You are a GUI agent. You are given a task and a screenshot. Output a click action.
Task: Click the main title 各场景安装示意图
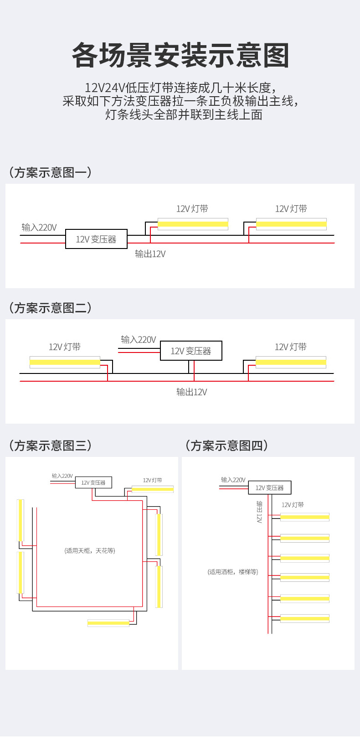180,56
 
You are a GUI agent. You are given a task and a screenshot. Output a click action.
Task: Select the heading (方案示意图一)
50,172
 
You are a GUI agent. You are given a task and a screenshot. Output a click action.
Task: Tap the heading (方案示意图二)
50,308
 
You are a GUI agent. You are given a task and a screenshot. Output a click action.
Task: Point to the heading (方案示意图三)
50,446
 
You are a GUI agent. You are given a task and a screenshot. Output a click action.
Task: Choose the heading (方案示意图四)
226,446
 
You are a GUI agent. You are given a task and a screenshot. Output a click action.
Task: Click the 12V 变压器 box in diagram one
96,239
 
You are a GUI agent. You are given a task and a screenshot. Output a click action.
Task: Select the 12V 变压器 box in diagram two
191,351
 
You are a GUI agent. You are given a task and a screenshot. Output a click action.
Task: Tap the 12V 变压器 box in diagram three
93,482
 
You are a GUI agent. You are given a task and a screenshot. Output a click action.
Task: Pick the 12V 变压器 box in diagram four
269,487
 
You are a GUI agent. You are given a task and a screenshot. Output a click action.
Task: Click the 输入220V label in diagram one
39,227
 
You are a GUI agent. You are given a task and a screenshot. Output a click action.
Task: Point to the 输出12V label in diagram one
150,254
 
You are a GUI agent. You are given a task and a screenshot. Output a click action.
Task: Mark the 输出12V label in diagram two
192,392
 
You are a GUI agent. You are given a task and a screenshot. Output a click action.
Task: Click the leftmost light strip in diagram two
65,362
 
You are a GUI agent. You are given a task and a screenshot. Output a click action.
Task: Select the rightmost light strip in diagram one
291,224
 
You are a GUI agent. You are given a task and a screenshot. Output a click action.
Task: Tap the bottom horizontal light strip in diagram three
108,622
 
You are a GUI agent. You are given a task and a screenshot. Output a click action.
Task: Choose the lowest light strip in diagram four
304,618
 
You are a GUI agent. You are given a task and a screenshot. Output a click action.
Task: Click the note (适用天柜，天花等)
90,551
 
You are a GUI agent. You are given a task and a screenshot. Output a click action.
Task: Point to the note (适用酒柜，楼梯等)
233,572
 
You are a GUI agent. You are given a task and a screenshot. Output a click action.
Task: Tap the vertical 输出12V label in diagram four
259,512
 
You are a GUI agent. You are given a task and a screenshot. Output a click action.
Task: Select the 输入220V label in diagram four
233,480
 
